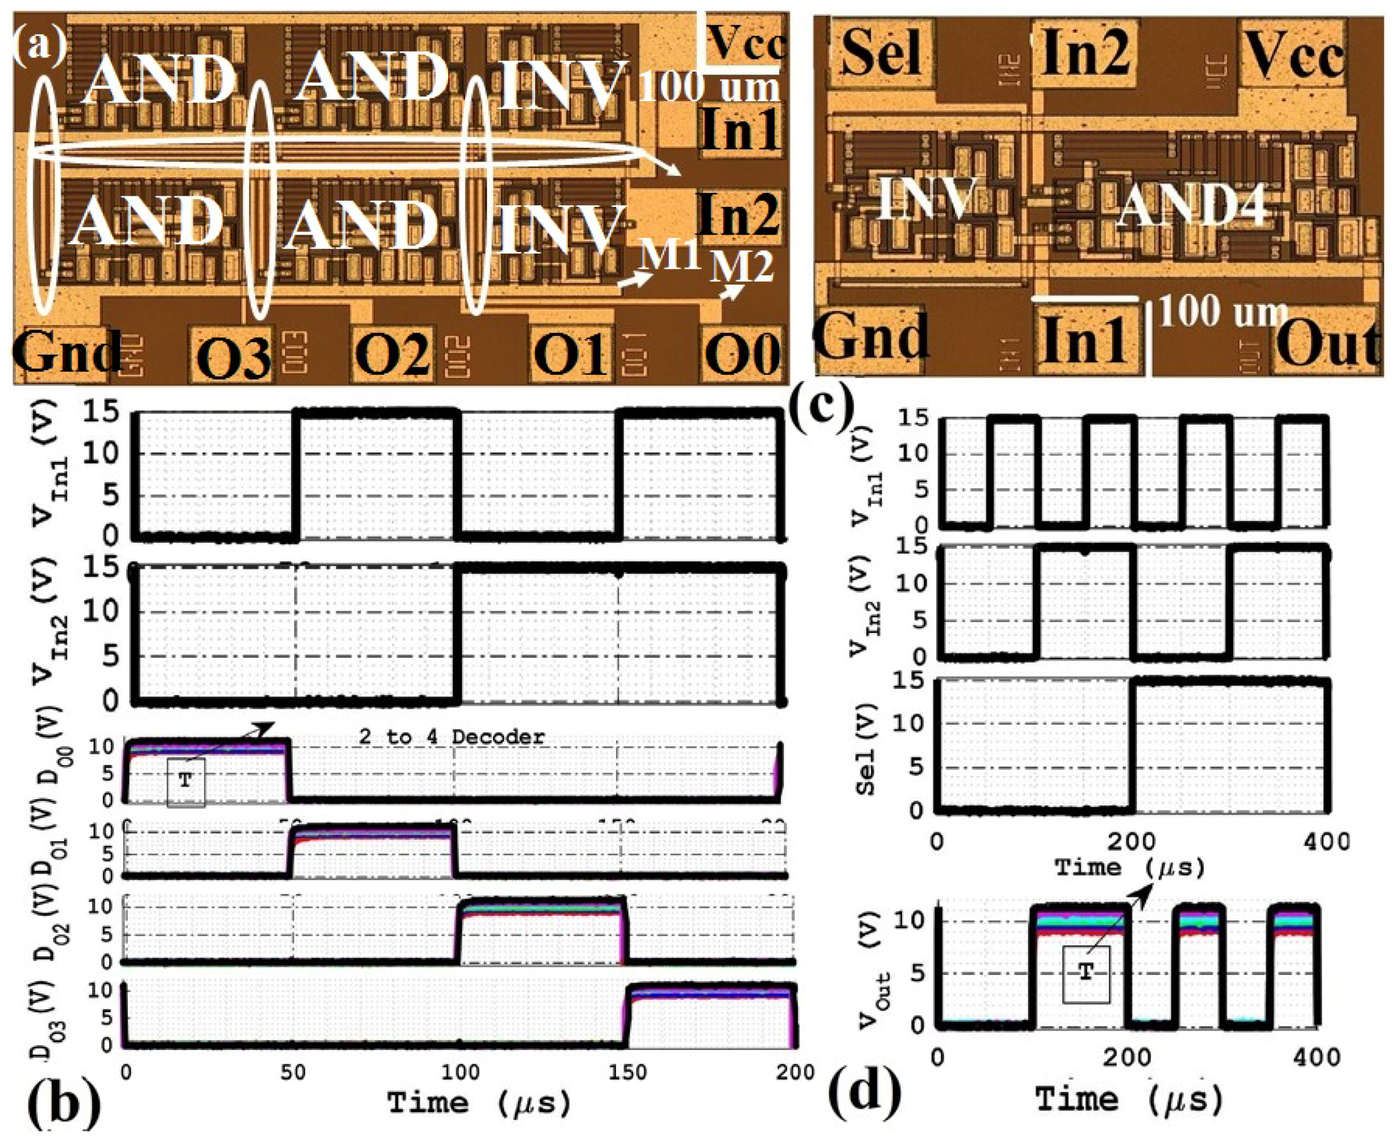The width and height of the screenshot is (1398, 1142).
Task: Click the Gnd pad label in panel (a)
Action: (x=66, y=351)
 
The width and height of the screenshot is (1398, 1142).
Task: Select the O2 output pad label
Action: (x=393, y=352)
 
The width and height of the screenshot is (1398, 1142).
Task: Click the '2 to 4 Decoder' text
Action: (x=451, y=737)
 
